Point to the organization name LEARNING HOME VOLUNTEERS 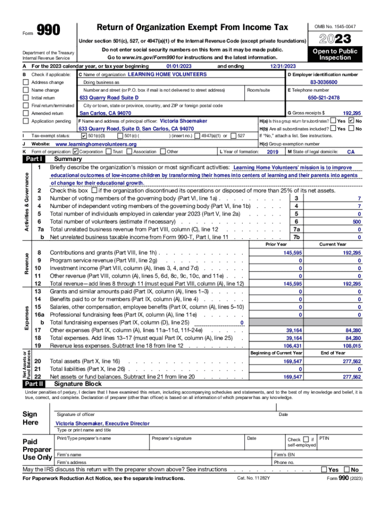[x=167, y=74]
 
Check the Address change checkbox [x=26, y=82]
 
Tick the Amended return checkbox [x=26, y=113]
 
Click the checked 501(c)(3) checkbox [x=83, y=136]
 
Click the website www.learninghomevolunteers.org [x=96, y=144]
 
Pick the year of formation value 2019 [x=272, y=151]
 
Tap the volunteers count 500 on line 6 [x=356, y=221]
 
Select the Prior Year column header [x=276, y=244]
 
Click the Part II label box [x=34, y=384]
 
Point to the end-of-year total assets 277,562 [x=352, y=361]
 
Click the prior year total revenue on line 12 [x=292, y=283]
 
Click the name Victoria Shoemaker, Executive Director [x=102, y=423]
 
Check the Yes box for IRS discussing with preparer [x=324, y=469]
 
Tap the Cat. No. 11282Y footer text [x=253, y=478]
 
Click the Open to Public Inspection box [x=335, y=54]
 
